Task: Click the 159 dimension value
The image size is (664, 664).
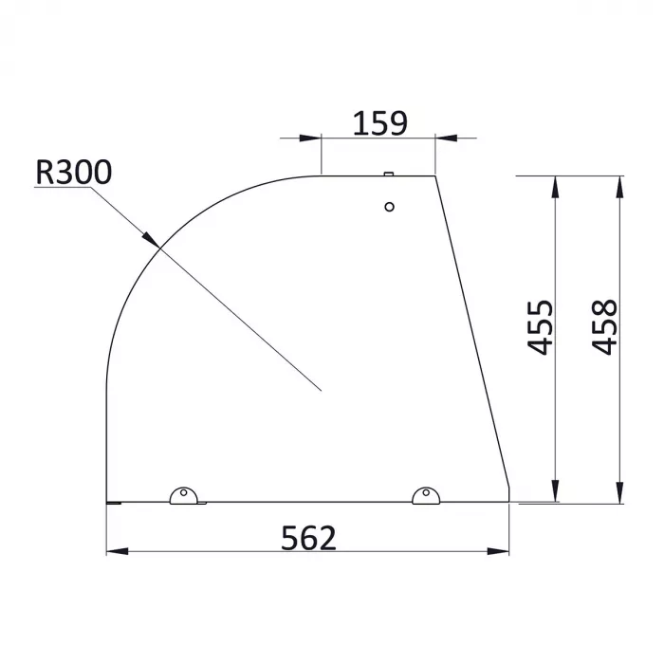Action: click(379, 123)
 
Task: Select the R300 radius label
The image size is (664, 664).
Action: click(73, 172)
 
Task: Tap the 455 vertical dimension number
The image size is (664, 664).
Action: click(540, 327)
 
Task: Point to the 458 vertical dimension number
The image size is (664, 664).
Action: click(604, 327)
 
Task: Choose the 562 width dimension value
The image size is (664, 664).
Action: click(309, 538)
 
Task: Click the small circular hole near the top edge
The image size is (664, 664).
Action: click(389, 207)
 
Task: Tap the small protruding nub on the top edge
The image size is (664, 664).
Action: click(388, 174)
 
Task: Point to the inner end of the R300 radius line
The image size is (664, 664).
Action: click(322, 390)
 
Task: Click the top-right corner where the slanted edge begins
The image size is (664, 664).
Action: click(435, 175)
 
